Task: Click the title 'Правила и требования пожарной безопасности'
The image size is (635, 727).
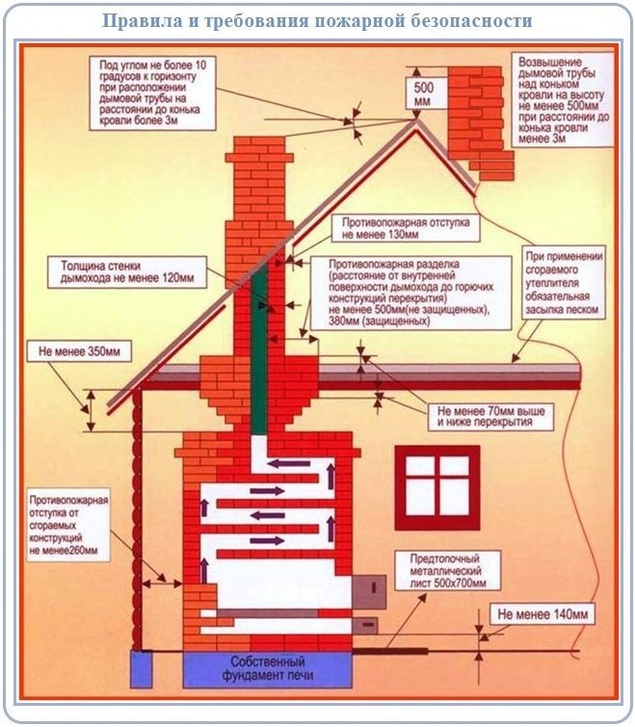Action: (317, 20)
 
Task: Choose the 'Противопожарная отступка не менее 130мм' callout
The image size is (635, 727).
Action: (405, 227)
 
